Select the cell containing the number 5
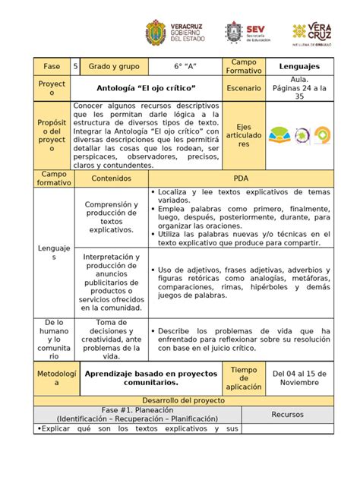pyautogui.click(x=76, y=67)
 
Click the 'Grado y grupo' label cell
pyautogui.click(x=111, y=67)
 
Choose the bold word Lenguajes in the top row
pyautogui.click(x=298, y=67)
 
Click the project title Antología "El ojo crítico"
pyautogui.click(x=146, y=90)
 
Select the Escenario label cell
pyautogui.click(x=244, y=90)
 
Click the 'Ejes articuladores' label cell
pyautogui.click(x=244, y=136)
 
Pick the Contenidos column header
pyautogui.click(x=111, y=178)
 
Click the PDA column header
pyautogui.click(x=241, y=178)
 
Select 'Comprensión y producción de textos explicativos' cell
pyautogui.click(x=111, y=217)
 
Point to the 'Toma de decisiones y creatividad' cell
pyautogui.click(x=111, y=339)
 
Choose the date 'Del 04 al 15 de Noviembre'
pyautogui.click(x=298, y=378)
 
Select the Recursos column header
pyautogui.click(x=288, y=415)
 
